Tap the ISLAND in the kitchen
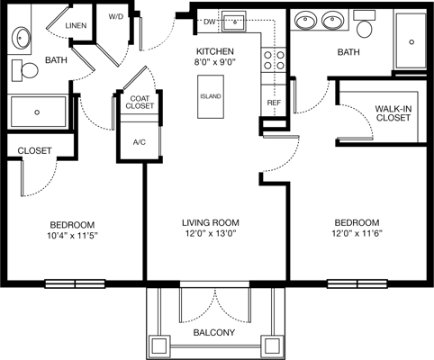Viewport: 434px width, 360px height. pos(211,95)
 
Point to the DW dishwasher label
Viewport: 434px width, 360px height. pos(209,21)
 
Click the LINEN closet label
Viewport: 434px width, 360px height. pos(76,26)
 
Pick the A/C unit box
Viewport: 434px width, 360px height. pos(140,141)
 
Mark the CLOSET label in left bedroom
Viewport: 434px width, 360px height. pos(33,150)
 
